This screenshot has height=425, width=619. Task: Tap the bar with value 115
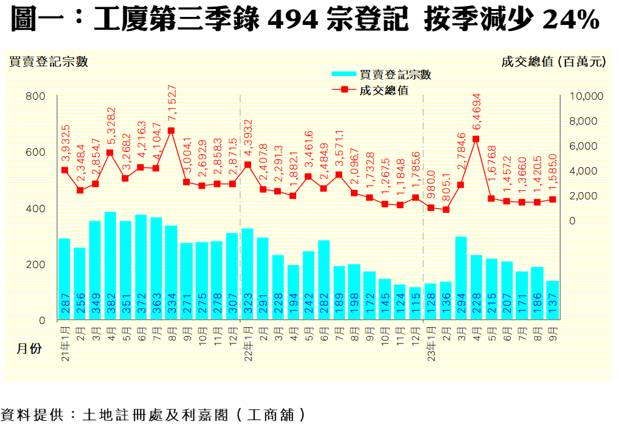point(415,303)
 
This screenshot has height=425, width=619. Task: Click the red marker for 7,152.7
point(171,131)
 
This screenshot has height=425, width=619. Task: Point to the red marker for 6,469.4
point(476,139)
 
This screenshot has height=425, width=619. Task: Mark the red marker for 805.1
point(446,210)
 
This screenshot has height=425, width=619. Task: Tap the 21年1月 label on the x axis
point(65,344)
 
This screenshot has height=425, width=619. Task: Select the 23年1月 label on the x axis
point(431,344)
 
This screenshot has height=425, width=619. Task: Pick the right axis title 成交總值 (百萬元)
point(553,61)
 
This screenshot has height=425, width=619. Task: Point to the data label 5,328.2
point(111,125)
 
